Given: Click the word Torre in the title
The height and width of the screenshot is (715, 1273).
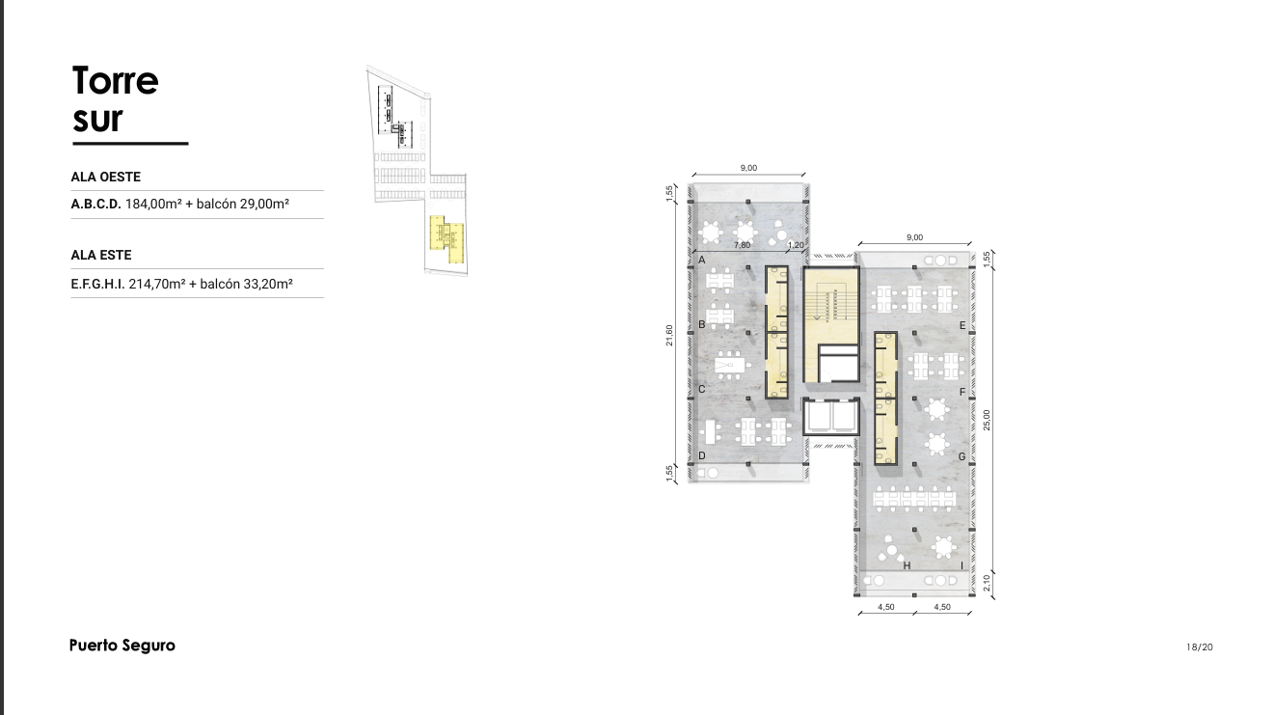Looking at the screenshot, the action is click(x=116, y=81).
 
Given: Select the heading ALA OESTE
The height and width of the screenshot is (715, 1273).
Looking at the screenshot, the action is click(x=106, y=177).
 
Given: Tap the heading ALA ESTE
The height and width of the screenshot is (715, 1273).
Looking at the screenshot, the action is click(x=101, y=255).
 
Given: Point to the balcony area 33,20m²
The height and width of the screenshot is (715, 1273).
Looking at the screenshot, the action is click(x=268, y=284).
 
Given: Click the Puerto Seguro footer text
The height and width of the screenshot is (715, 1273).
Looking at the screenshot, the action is click(x=122, y=646).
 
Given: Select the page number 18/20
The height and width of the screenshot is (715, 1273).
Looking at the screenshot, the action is click(x=1199, y=647).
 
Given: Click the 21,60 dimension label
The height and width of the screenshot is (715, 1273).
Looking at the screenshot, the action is click(x=669, y=335).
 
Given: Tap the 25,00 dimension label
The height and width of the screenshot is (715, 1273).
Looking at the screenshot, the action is click(x=987, y=420).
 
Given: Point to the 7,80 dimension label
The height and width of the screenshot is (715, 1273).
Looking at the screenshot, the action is click(x=743, y=245).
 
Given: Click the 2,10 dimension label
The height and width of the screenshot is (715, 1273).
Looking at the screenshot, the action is click(x=987, y=583).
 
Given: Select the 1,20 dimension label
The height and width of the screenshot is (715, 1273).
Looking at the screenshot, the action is click(x=796, y=245).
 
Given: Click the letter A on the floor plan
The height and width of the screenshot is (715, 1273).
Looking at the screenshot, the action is click(x=702, y=260).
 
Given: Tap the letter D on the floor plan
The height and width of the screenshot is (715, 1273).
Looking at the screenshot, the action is click(x=702, y=455).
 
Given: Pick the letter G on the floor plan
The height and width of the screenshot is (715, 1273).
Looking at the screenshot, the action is click(x=962, y=456).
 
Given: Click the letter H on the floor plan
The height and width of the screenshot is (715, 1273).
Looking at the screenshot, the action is click(x=907, y=565).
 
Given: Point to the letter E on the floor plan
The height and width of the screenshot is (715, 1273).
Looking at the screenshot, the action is click(x=962, y=325).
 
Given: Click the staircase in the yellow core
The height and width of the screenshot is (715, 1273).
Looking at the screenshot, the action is click(x=830, y=306).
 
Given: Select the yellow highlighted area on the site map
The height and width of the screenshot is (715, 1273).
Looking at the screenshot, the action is click(x=447, y=239).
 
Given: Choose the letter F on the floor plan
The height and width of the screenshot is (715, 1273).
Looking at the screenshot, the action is click(x=962, y=392).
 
